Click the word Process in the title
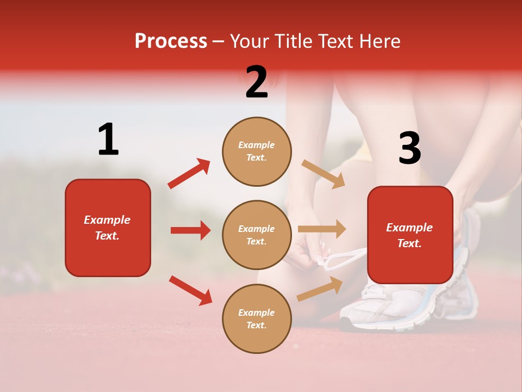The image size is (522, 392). click(x=171, y=41)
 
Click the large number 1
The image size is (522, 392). click(x=108, y=139)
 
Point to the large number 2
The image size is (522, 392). click(x=257, y=82)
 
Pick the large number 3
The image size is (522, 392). click(x=410, y=148)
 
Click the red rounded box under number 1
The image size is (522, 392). click(x=108, y=228)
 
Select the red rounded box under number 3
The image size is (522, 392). click(x=410, y=235)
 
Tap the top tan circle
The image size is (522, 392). click(x=257, y=151)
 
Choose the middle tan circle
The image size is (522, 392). click(x=257, y=235)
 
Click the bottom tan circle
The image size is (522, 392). click(x=257, y=318)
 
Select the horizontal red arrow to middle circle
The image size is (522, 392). click(x=190, y=230)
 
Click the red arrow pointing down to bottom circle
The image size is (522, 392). click(x=190, y=290)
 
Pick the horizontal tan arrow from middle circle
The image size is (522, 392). click(x=322, y=229)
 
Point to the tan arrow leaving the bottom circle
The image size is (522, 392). click(x=320, y=289)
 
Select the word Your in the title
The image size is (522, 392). click(x=249, y=41)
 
